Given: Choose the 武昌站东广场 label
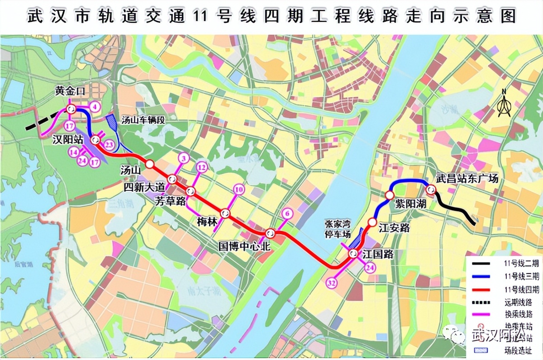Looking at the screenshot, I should point(467,179).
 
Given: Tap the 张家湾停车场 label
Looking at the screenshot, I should point(338,229).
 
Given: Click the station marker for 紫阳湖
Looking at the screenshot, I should point(390,195).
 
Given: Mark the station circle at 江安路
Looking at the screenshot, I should point(372,222).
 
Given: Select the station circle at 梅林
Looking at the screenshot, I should point(225,213).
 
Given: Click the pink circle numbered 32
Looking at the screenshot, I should point(331,283).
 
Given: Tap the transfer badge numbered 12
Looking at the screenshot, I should point(202,168).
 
